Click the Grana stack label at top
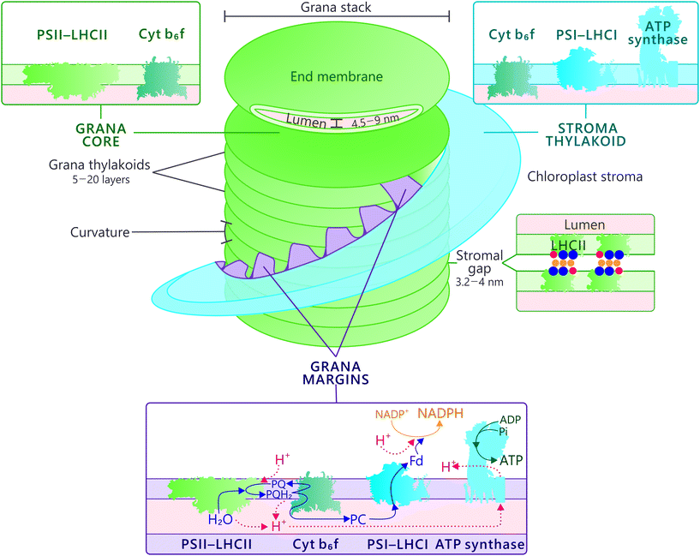tap(336, 8)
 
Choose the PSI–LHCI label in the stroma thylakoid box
tap(576, 35)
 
